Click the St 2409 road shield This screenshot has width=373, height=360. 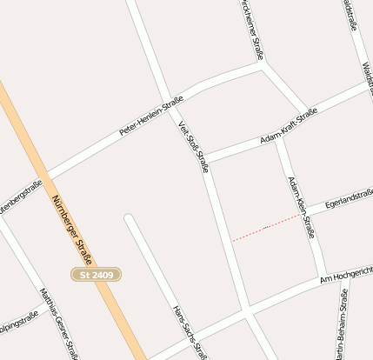pyautogui.click(x=96, y=275)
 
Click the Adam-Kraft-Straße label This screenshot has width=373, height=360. pyautogui.click(x=288, y=127)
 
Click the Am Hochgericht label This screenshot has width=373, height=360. pyautogui.click(x=345, y=273)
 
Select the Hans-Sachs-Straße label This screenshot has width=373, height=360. pyautogui.click(x=190, y=332)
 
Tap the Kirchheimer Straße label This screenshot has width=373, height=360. pyautogui.click(x=250, y=26)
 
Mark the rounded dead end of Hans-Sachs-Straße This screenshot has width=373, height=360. pyautogui.click(x=130, y=218)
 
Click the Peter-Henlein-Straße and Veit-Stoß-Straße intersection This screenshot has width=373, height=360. pyautogui.click(x=170, y=103)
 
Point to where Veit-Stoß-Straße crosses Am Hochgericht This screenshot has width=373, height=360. pyautogui.click(x=247, y=309)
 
